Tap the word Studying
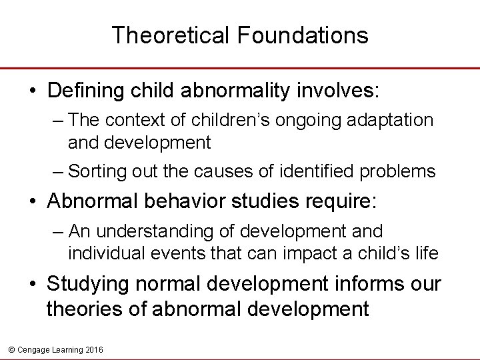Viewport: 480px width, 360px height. coord(87,285)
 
